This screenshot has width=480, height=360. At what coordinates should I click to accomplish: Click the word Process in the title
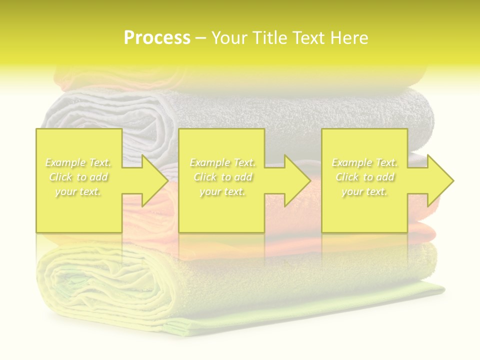pos(157,38)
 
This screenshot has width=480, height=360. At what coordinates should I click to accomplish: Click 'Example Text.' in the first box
pos(78,162)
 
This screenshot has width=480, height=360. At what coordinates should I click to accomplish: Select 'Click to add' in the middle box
pos(222,177)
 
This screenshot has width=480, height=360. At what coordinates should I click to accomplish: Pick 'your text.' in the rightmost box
pos(364,191)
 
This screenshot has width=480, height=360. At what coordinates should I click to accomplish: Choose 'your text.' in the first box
pos(78,191)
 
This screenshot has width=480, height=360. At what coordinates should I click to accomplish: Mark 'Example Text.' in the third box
pos(364,162)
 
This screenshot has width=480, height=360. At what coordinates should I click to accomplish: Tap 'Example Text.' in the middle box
pos(222,162)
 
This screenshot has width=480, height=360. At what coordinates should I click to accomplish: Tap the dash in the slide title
pos(200,38)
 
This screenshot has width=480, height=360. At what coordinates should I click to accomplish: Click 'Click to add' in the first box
pos(78,177)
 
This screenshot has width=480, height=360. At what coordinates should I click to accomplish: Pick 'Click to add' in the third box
pos(364,177)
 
